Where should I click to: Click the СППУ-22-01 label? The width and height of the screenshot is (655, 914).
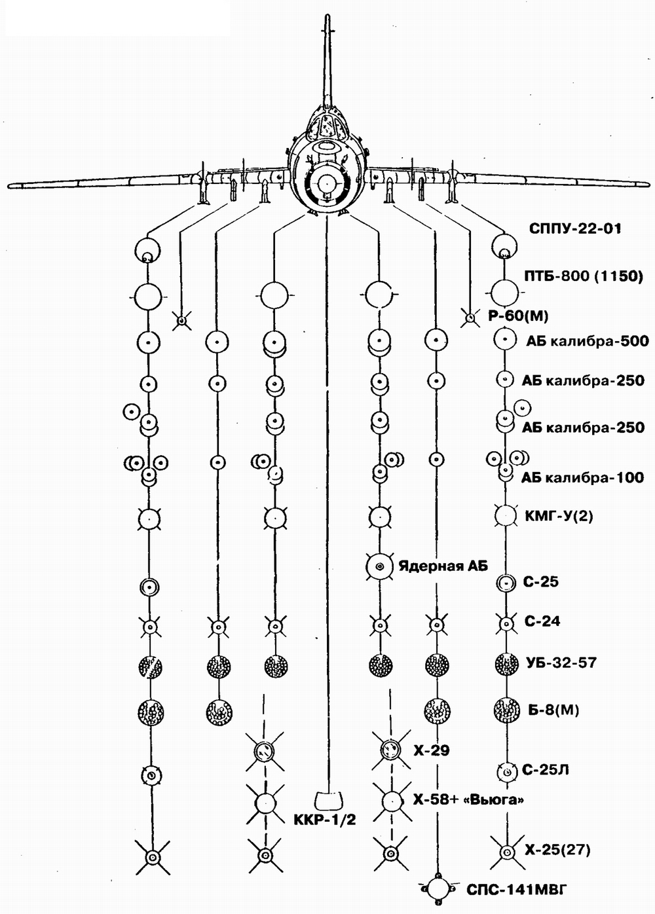pos(575,228)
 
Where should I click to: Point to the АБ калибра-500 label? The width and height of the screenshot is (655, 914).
pos(588,340)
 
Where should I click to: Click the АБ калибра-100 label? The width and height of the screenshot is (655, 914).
pos(583,477)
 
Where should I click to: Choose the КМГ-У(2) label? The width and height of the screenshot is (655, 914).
pos(559,516)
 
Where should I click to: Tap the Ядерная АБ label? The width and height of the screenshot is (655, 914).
pos(442,566)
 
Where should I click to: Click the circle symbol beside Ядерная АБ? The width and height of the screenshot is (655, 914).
pos(379,567)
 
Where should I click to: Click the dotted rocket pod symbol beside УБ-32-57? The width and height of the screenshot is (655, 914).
pos(506,664)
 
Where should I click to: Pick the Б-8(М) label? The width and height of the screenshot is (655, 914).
pos(552,711)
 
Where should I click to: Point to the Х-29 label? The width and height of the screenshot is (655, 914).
pos(432,750)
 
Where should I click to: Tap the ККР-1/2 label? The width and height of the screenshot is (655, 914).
pos(325,820)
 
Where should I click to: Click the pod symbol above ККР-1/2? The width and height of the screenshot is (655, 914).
pos(329,801)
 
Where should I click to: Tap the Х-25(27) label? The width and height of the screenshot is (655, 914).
pos(557,850)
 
